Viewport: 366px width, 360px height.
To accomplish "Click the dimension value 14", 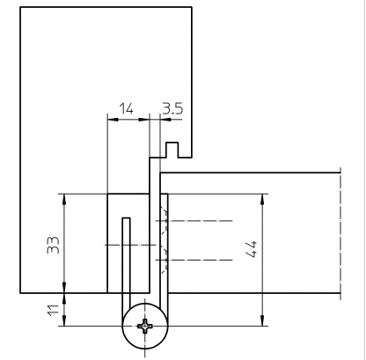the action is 127,108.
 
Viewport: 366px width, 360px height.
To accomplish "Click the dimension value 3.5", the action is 172,108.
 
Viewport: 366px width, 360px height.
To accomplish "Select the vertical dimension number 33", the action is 54,245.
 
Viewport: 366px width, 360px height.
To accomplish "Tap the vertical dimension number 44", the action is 252,249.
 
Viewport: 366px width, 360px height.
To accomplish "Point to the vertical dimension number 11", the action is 54,310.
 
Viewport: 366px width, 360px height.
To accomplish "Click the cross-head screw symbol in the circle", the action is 145,326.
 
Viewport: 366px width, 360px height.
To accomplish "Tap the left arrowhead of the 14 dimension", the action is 113,120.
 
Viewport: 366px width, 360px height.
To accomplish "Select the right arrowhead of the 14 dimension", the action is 143,120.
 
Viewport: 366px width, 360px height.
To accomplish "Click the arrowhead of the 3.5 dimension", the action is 165,120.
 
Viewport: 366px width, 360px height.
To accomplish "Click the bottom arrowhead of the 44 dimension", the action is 262,320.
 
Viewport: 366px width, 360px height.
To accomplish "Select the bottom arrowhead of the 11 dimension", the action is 64,320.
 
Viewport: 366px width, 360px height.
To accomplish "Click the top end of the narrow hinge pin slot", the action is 126,218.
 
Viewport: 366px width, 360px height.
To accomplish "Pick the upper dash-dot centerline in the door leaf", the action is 194,220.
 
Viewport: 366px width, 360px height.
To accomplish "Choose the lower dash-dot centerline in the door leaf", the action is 194,260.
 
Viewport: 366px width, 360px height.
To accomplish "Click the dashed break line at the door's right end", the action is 340,234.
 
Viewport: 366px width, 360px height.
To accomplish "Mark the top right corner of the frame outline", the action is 192,7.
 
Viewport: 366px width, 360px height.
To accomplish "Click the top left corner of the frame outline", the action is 20,7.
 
